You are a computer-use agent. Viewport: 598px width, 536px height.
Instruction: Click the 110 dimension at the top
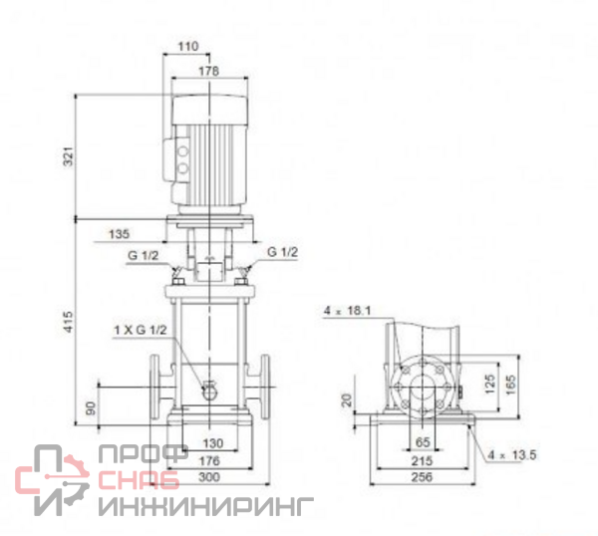point(188,46)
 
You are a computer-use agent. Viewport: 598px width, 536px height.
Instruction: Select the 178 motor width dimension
point(209,71)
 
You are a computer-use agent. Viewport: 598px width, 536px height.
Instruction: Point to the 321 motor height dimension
point(68,156)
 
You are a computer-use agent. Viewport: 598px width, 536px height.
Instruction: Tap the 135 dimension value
point(119,234)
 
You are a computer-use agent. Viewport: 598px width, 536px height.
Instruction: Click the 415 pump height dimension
point(68,322)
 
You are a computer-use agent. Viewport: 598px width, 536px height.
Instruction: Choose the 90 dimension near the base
point(91,407)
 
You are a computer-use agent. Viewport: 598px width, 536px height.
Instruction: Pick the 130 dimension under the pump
point(213,443)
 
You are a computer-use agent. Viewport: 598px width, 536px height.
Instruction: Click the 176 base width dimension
point(209,461)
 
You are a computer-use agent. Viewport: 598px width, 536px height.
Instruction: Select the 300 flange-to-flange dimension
point(209,477)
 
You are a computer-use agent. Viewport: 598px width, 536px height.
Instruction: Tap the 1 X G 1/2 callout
point(141,330)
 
